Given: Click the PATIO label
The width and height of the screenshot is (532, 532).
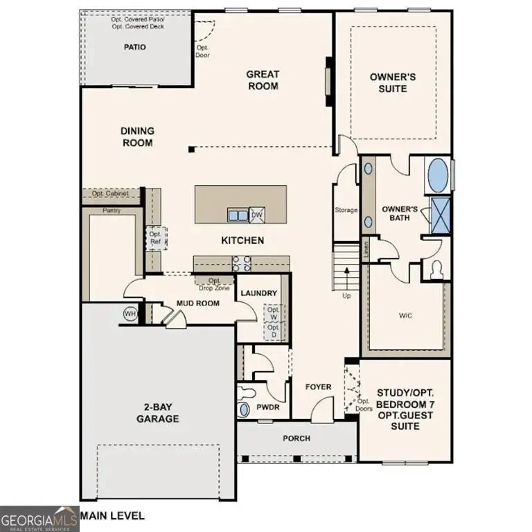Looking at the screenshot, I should (x=135, y=47).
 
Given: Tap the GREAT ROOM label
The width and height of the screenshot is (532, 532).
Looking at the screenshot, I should (x=263, y=80).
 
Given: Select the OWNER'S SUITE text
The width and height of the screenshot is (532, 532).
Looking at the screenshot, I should (x=393, y=82).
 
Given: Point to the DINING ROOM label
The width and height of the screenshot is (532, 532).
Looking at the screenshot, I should (x=137, y=136).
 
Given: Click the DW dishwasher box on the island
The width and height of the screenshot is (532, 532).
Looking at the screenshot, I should (x=256, y=215).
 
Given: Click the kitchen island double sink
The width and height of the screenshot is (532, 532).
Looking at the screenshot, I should (x=238, y=215).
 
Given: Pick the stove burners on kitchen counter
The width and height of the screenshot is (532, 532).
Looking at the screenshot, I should (x=241, y=263).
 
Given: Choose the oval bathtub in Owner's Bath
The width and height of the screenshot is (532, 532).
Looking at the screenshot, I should (x=438, y=176).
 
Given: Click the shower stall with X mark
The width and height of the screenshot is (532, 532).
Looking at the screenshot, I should (x=440, y=214).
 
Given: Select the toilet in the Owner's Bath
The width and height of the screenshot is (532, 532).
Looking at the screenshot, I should (x=437, y=269).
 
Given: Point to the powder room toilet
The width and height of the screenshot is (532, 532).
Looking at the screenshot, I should (x=243, y=408).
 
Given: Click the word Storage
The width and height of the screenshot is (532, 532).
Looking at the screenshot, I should (x=346, y=210).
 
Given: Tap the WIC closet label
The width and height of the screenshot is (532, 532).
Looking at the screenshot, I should (x=406, y=315).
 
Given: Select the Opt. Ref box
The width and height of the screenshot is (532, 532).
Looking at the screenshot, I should (x=154, y=238).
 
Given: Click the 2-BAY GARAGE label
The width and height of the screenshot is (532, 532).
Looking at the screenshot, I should (x=158, y=414).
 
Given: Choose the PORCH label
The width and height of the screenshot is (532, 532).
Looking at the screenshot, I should (x=296, y=438).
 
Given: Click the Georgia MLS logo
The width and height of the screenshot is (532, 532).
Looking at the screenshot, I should (x=39, y=519).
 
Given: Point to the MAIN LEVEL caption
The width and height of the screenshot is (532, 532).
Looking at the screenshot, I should (x=113, y=515).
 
